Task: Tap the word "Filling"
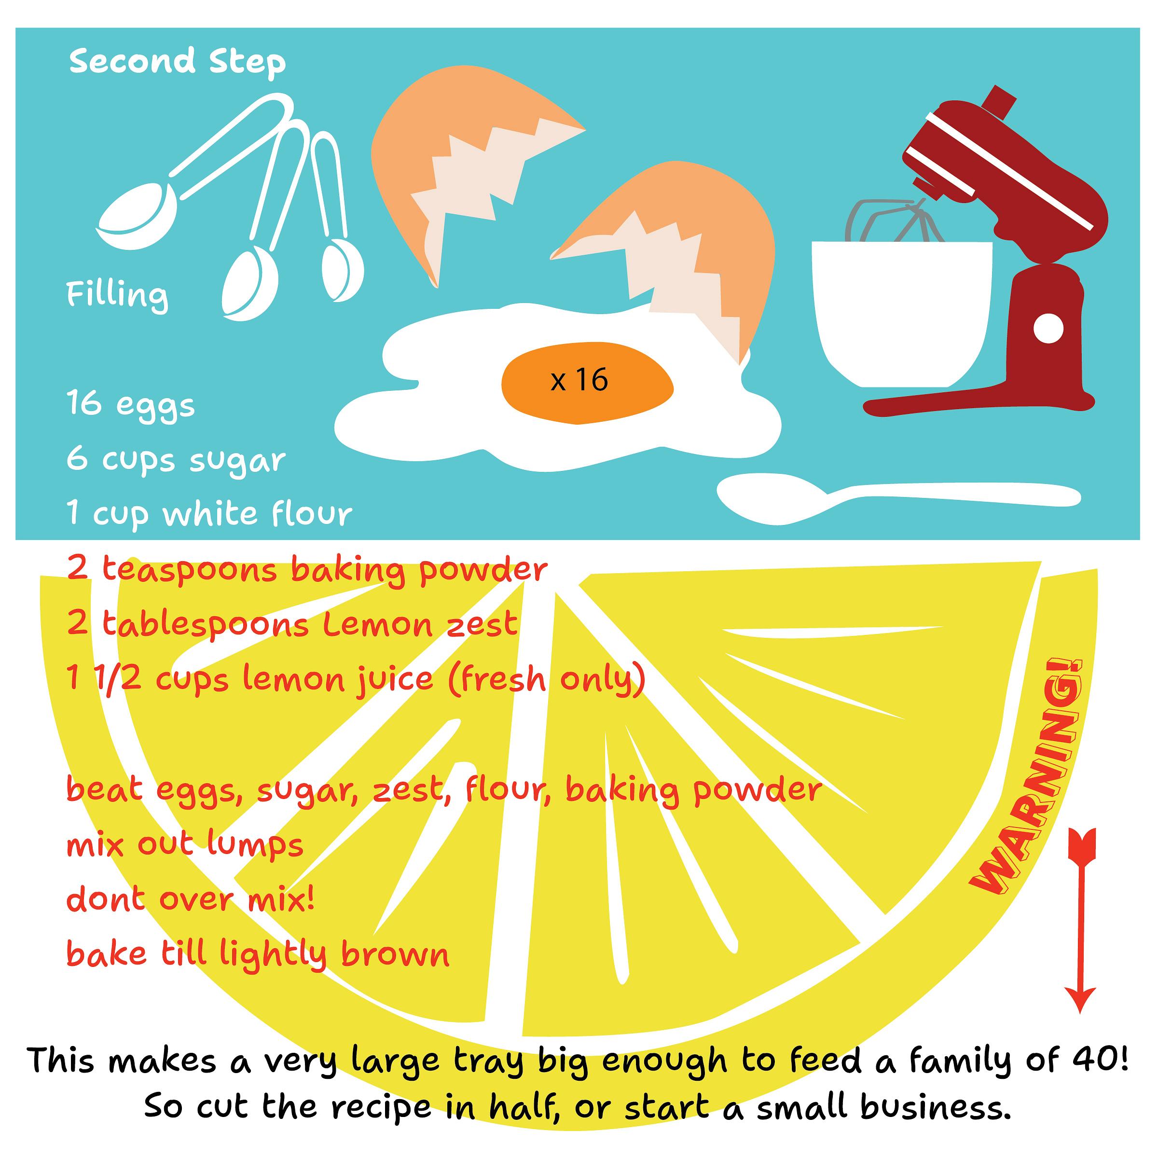(x=117, y=295)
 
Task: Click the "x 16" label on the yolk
(x=579, y=380)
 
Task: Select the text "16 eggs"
(x=131, y=405)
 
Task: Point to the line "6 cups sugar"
(x=176, y=460)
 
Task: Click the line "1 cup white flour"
(x=210, y=514)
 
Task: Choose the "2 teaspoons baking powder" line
(x=307, y=570)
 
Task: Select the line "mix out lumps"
(x=185, y=845)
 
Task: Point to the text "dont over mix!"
(x=191, y=899)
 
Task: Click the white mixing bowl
(x=901, y=312)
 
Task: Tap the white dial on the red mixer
(x=1049, y=329)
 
